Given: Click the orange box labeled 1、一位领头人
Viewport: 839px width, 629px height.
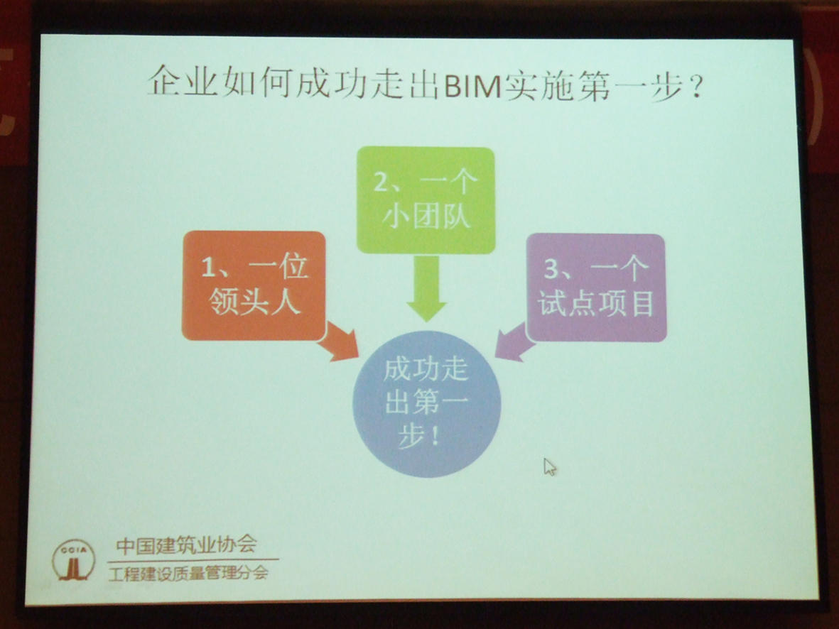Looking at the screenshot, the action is pos(254,286).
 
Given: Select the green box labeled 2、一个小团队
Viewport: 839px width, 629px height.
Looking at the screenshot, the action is pos(426,201).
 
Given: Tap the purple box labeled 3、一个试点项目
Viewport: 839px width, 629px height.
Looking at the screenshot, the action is pos(597,288).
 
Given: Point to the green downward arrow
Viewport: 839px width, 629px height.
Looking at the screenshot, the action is pos(426,288).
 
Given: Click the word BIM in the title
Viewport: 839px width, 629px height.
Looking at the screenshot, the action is pos(472,86).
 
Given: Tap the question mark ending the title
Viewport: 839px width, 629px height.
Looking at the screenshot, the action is pos(696,87).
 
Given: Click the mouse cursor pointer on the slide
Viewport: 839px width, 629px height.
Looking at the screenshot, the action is pos(550,466).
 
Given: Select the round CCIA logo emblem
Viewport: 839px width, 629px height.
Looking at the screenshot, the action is pos(74,560).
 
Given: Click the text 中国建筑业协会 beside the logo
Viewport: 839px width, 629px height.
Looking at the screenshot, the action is pos(186,545).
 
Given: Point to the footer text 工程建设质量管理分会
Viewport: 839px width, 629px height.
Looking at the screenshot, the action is pos(188,574).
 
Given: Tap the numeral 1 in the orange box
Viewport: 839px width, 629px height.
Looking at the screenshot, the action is pos(207,266).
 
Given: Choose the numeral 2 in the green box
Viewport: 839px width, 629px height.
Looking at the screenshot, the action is pos(381,182).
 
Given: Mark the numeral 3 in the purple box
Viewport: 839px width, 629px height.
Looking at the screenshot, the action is pos(552,268).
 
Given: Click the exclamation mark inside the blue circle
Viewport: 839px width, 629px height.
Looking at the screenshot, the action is pos(435,436).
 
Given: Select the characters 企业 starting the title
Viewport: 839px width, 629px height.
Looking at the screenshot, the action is pos(183,82).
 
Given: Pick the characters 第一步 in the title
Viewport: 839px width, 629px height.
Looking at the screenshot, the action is pos(629,87).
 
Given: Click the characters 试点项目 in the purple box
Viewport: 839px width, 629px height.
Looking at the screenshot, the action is pos(596,302).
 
